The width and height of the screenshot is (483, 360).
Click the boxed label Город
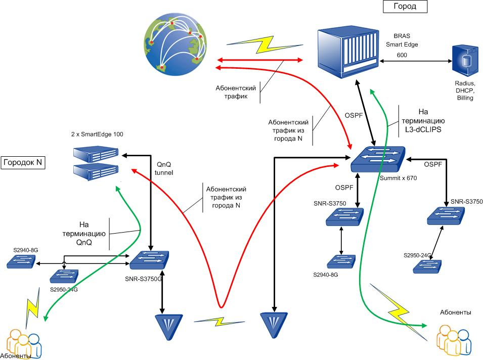(405, 6)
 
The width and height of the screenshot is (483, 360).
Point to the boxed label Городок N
(23, 163)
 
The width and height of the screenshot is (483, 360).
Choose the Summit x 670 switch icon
(378, 159)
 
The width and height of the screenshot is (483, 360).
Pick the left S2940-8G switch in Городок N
(21, 261)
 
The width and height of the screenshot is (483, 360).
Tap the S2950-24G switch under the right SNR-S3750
(426, 266)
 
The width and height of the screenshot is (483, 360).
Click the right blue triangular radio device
(273, 324)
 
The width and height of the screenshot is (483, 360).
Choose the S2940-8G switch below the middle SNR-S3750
(341, 261)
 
